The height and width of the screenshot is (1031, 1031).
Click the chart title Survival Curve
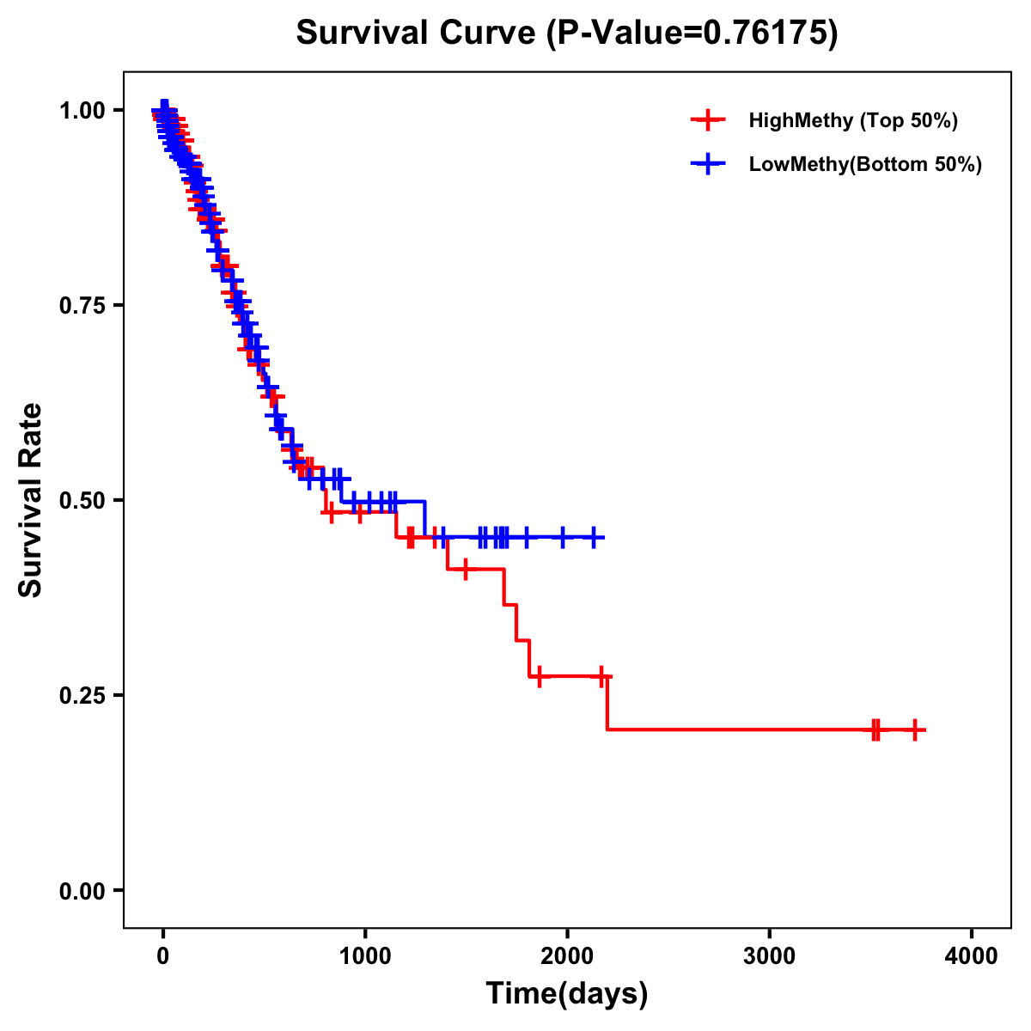tap(417, 33)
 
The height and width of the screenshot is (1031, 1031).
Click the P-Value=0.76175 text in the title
tap(694, 33)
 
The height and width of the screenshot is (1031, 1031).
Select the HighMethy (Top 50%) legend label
tap(852, 120)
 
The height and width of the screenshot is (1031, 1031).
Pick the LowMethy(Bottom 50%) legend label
tap(865, 164)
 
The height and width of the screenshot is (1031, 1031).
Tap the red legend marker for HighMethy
tap(707, 120)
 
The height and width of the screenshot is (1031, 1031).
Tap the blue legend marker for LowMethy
tap(707, 164)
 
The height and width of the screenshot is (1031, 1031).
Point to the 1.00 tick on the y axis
tap(82, 110)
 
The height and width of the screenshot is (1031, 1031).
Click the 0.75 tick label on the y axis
tap(82, 305)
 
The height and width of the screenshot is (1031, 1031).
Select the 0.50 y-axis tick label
tap(82, 500)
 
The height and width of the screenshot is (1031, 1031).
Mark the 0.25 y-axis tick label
tap(82, 695)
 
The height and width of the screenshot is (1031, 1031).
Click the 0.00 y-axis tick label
tap(82, 890)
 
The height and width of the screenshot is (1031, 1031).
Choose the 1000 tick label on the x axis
tap(365, 956)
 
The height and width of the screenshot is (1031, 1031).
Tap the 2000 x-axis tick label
tap(567, 956)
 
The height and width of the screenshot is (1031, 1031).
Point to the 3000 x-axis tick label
tap(769, 956)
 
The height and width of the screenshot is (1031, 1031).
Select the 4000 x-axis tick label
tap(972, 956)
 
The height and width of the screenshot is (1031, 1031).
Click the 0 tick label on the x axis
tap(163, 956)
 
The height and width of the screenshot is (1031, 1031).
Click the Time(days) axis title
tap(567, 993)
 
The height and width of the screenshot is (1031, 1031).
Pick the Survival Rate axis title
tap(31, 500)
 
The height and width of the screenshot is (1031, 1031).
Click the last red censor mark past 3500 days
tap(916, 729)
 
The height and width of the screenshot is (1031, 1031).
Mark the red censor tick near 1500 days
tap(465, 569)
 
